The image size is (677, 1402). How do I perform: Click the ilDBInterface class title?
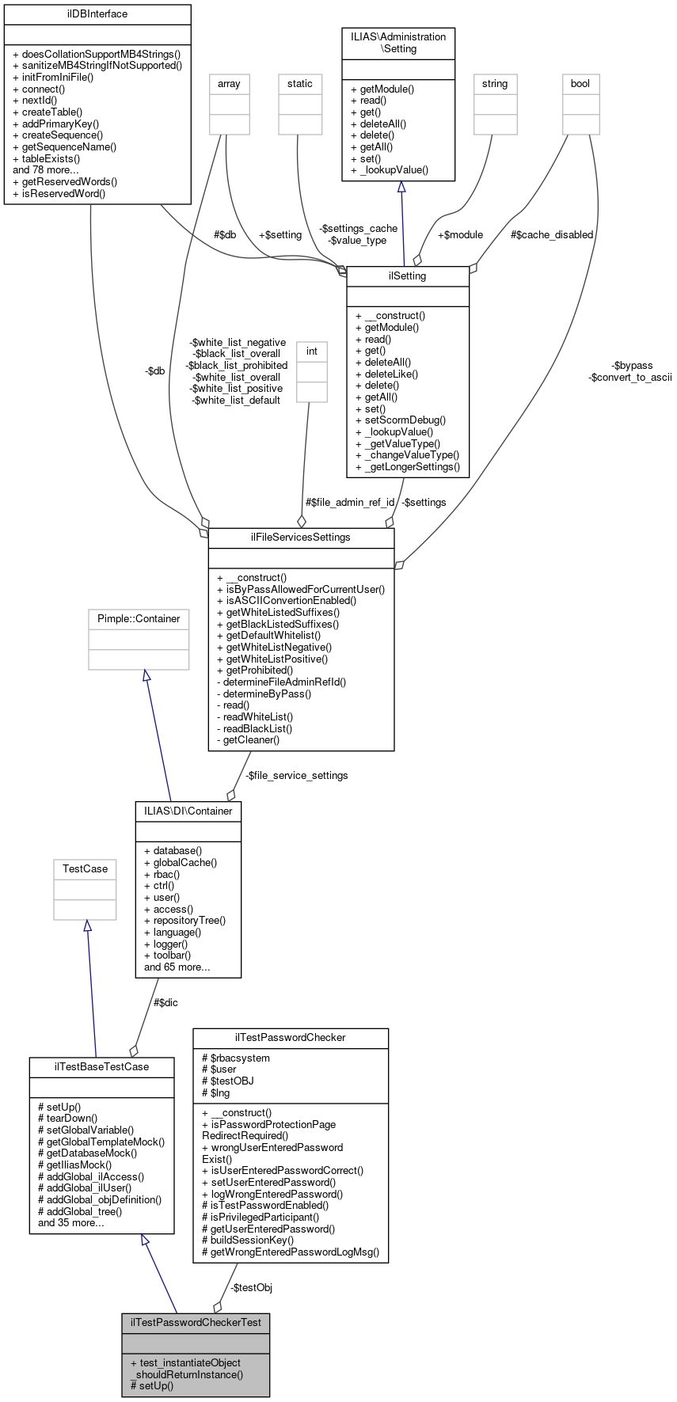[97, 14]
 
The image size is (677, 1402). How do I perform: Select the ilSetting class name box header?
[408, 275]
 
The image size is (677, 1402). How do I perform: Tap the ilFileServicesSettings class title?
[301, 537]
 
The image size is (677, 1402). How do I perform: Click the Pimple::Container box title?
[139, 618]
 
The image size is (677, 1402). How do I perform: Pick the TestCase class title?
[85, 868]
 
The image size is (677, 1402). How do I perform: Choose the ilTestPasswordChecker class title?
[291, 1037]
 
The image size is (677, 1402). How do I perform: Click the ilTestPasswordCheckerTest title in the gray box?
[196, 1322]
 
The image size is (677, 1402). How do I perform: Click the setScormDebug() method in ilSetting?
[401, 420]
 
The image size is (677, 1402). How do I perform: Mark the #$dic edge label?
[165, 1002]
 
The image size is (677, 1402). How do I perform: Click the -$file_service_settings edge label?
[296, 775]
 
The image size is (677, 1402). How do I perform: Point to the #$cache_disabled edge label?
[551, 234]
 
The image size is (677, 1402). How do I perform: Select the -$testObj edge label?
[251, 1288]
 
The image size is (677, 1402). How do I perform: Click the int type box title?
[312, 351]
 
